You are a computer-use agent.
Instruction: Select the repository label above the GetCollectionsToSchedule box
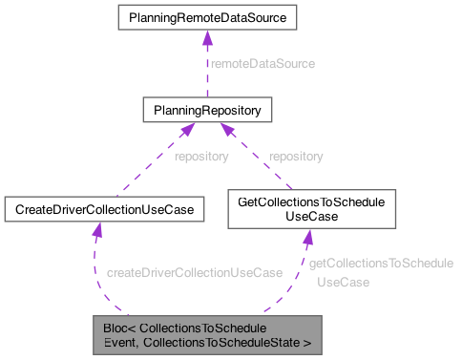pyautogui.click(x=295, y=156)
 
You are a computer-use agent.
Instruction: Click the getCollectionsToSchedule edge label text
pyautogui.click(x=380, y=263)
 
